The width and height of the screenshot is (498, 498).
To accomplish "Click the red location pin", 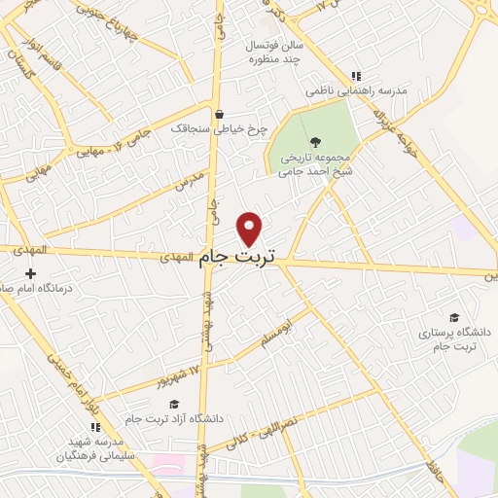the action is [x=250, y=228].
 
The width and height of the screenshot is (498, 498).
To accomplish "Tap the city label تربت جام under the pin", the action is [x=237, y=258].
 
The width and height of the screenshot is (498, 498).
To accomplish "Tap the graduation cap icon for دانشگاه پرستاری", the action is [x=453, y=317].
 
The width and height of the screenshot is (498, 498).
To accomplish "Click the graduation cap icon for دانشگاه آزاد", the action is [x=173, y=405].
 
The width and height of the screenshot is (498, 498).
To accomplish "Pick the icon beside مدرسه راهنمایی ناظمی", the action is [x=356, y=76].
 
